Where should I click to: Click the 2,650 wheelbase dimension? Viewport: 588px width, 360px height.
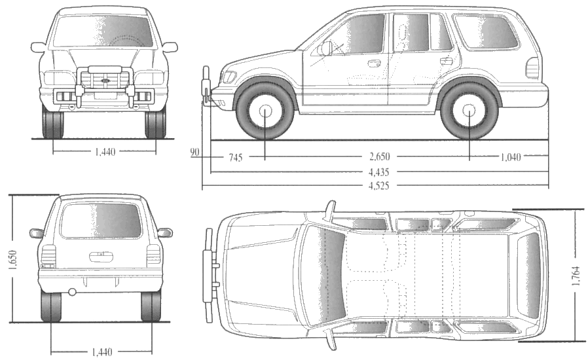click(379, 156)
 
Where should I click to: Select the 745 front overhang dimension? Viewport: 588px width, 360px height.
click(236, 158)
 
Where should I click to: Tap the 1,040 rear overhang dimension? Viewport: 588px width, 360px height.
click(511, 157)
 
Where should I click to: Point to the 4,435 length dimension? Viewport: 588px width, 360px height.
click(378, 172)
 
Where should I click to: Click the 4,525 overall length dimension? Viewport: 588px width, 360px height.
click(378, 185)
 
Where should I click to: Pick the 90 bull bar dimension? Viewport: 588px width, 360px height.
click(194, 153)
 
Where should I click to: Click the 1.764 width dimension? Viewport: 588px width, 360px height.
click(576, 276)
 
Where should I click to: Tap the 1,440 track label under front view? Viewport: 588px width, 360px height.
click(105, 152)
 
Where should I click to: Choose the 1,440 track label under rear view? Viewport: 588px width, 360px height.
click(101, 352)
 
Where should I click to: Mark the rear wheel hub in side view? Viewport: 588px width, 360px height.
click(469, 110)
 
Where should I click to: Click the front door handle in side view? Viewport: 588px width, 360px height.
click(374, 63)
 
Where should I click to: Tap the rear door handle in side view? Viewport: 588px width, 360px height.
click(447, 61)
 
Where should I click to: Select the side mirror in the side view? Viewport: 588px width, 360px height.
click(325, 48)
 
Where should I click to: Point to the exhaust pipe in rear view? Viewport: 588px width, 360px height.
click(72, 291)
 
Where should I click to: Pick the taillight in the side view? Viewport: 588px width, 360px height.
click(532, 68)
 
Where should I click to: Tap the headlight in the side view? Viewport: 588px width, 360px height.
click(229, 77)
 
